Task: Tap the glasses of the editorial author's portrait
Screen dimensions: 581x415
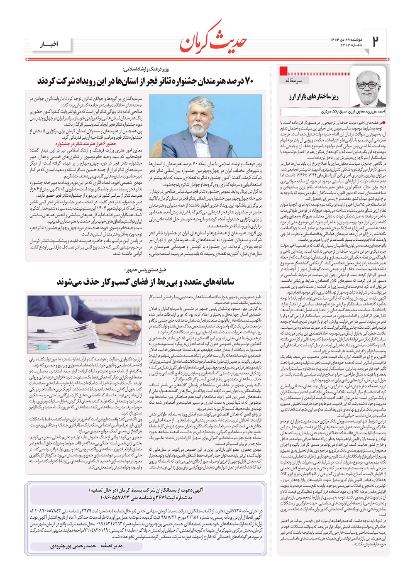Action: point(367,84)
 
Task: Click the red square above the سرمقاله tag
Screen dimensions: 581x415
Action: point(284,70)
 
